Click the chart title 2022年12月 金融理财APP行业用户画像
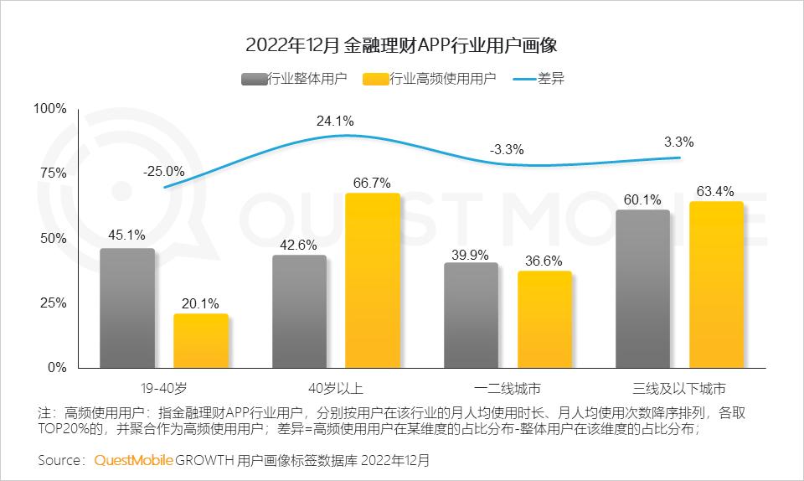point(401,44)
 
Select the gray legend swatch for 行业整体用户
point(253,80)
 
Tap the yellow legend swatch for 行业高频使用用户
point(376,80)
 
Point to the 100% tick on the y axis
point(49,109)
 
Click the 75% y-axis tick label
point(53,173)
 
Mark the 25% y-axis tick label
point(53,303)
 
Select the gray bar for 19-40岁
point(127,308)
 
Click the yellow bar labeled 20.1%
point(201,340)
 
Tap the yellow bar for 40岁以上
point(373,280)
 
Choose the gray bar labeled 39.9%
point(471,315)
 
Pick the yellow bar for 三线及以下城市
point(716,284)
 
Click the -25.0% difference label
point(164,172)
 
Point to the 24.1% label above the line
point(334,122)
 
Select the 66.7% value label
point(373,182)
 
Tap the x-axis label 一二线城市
point(508,389)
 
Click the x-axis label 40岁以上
point(335,389)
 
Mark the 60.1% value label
point(642,199)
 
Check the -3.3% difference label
point(507,150)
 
